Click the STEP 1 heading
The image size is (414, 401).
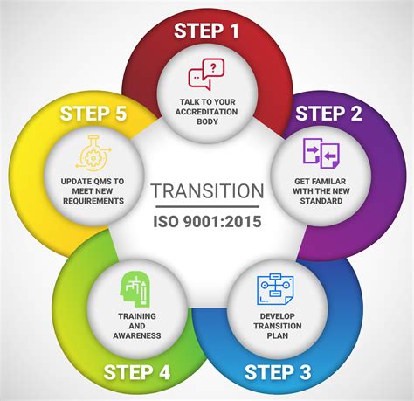coord(206,31)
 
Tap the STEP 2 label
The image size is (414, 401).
coord(329,114)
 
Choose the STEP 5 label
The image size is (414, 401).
coord(93,114)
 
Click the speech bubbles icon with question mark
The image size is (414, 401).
coord(206,73)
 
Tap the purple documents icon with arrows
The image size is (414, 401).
coord(315,154)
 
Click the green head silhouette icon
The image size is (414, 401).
coord(136,288)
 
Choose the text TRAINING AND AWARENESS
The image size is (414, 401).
coord(137,326)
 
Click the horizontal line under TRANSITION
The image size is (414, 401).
coord(206,208)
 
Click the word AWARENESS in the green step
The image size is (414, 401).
coord(137,335)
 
